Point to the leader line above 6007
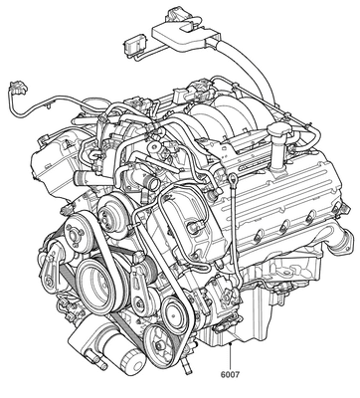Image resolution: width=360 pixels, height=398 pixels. point(230,356)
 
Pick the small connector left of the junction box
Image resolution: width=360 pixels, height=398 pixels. point(133,45)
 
